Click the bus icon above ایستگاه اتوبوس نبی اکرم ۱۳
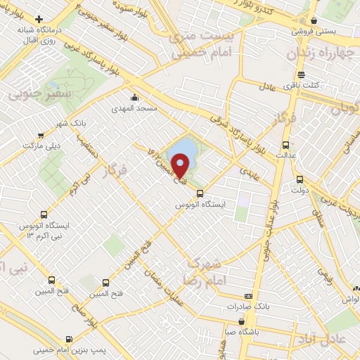44,214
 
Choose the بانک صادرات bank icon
247,297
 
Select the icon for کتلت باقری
301,75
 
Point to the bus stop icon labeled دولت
300,179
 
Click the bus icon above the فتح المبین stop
105,283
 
